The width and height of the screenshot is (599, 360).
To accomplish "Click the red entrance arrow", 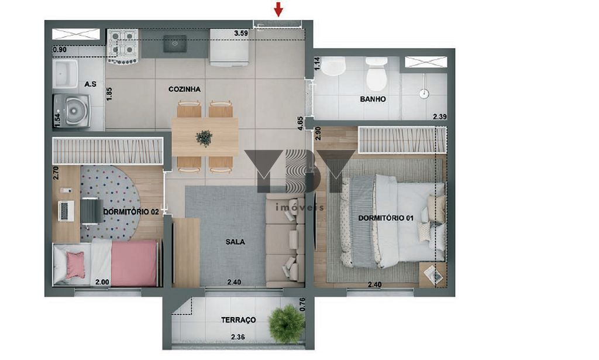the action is [x=278, y=9].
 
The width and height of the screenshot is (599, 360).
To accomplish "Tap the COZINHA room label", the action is [x=184, y=89].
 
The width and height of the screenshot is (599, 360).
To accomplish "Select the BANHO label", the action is [x=373, y=99].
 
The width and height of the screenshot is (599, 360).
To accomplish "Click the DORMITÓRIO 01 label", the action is [x=386, y=218].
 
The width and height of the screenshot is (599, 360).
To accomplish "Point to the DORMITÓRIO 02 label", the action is [x=131, y=211].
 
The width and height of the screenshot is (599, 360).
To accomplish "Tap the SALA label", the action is [x=235, y=242].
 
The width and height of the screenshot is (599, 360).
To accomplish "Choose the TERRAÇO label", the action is [x=239, y=320].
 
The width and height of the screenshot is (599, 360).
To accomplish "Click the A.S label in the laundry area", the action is [x=91, y=84].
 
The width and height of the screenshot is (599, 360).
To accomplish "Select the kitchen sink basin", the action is [x=175, y=44].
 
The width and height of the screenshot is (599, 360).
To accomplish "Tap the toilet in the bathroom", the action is [x=376, y=74].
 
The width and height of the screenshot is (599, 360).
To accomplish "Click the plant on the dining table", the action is [x=204, y=138].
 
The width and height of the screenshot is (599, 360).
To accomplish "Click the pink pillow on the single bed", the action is [x=75, y=265].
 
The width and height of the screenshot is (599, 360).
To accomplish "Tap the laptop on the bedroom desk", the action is [x=66, y=211].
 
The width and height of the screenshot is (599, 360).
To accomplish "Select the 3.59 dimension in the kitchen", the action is [x=241, y=33].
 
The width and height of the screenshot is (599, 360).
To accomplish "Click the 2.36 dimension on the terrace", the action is [x=238, y=337].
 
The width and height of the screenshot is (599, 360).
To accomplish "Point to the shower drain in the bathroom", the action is [x=424, y=93].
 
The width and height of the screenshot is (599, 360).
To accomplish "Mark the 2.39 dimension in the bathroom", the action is [x=440, y=116].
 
